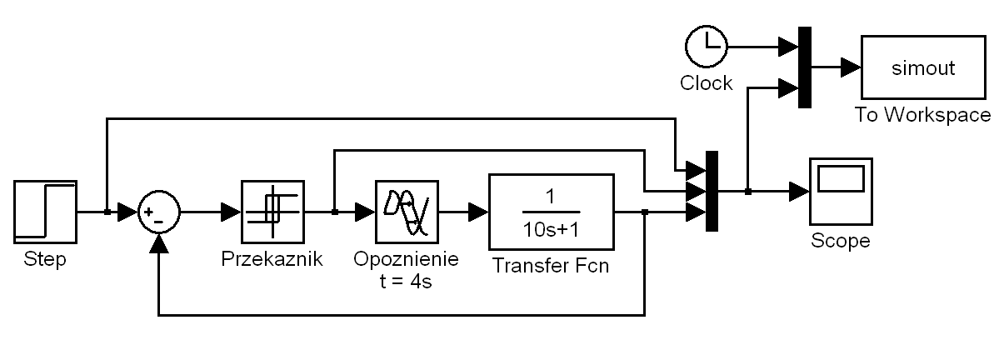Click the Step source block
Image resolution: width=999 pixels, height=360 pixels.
pyautogui.click(x=45, y=212)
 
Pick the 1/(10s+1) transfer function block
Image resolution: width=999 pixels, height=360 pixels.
pyautogui.click(x=551, y=212)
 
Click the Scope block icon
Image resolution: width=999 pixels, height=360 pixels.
pyautogui.click(x=841, y=192)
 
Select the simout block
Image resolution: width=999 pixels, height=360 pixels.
pyautogui.click(x=913, y=67)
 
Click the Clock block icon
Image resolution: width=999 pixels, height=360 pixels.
pyautogui.click(x=707, y=47)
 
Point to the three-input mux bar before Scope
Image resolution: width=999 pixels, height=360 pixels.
pyautogui.click(x=712, y=192)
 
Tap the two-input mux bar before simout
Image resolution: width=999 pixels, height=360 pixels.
pyautogui.click(x=804, y=67)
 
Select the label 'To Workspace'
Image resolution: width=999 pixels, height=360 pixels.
pyautogui.click(x=922, y=115)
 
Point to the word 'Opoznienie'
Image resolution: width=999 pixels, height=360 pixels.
pyautogui.click(x=406, y=259)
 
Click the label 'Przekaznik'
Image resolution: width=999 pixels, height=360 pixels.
pyautogui.click(x=272, y=259)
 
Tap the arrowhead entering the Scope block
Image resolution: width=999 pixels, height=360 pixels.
pyautogui.click(x=799, y=192)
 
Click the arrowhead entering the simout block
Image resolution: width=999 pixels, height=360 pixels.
pyautogui.click(x=851, y=67)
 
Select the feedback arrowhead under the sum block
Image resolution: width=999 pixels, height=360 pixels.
pyautogui.click(x=158, y=242)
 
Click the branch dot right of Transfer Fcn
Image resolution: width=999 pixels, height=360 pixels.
pyautogui.click(x=646, y=212)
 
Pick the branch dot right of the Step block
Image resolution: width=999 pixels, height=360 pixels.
pyautogui.click(x=107, y=212)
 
